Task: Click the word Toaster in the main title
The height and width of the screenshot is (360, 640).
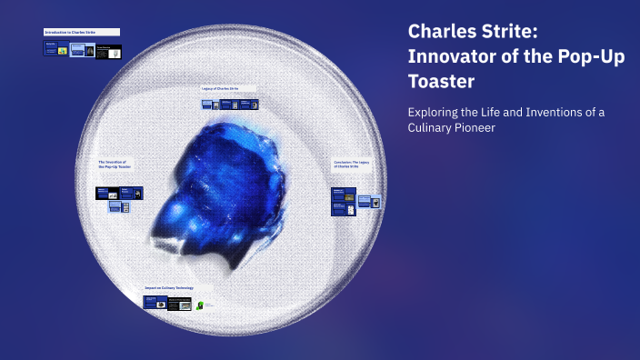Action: (441, 82)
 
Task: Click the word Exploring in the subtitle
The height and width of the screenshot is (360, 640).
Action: (435, 112)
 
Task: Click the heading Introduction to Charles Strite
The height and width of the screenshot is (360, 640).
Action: (70, 33)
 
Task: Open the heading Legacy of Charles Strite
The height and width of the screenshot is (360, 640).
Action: (220, 88)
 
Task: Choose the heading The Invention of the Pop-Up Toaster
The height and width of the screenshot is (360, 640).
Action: (115, 165)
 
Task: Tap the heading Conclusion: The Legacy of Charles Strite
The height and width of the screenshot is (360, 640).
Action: (350, 164)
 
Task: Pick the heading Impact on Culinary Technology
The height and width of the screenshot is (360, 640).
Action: (168, 287)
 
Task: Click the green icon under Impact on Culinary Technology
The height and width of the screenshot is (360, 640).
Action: (200, 305)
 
